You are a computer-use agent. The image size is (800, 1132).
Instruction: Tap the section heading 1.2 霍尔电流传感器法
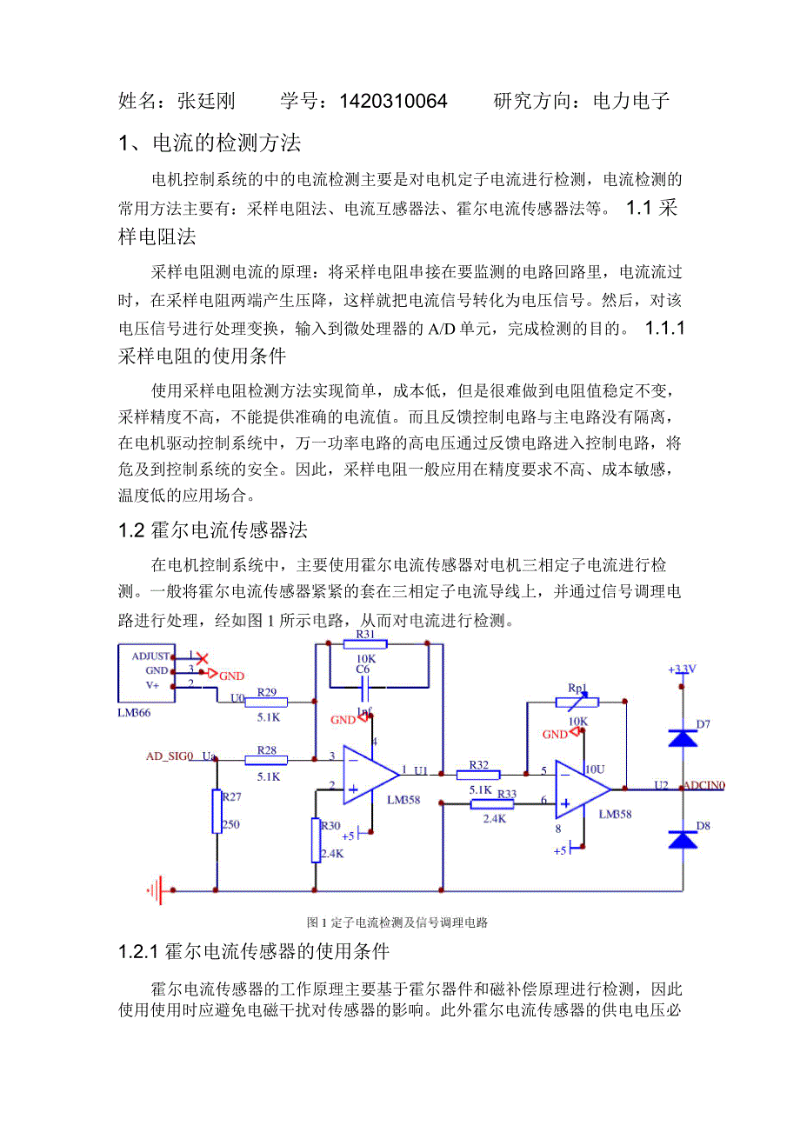tap(213, 529)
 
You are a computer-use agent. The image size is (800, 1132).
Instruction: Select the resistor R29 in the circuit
tap(266, 701)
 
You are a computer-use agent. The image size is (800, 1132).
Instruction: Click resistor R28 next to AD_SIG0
tap(266, 759)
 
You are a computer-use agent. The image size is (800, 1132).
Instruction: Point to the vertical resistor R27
tap(217, 812)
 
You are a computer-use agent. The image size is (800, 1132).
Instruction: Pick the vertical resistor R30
tap(317, 840)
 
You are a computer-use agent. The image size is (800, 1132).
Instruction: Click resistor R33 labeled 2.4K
tap(492, 804)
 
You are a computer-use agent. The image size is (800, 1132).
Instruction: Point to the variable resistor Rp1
tap(577, 698)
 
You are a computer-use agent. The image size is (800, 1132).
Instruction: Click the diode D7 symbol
tap(683, 738)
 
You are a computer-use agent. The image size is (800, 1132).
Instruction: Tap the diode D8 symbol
tap(683, 839)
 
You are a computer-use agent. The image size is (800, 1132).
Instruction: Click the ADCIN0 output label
tap(703, 785)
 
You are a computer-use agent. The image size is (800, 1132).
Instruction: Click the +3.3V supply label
tap(682, 669)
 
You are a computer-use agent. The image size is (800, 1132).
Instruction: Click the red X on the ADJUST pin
tap(201, 658)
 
